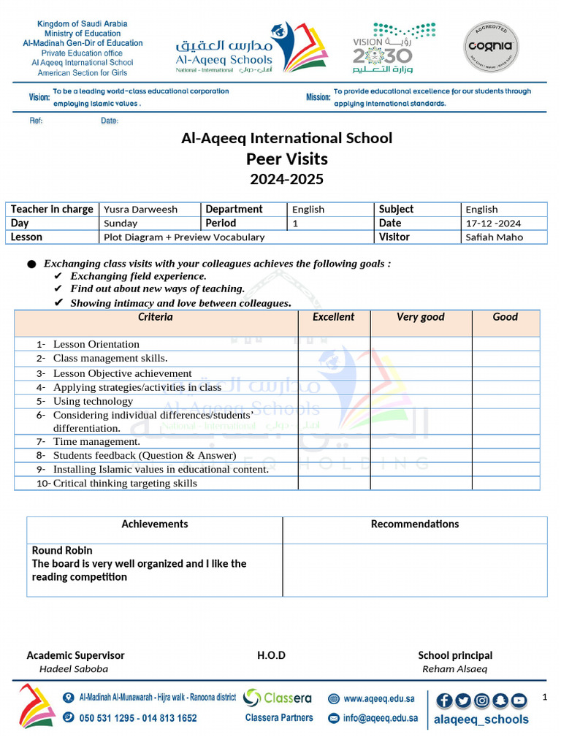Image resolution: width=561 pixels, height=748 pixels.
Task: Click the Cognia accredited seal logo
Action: click(x=492, y=48)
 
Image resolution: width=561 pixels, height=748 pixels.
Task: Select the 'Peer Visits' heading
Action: click(x=286, y=159)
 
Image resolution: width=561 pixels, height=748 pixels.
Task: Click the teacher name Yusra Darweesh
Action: click(x=140, y=210)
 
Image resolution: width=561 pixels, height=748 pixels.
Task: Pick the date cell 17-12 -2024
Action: click(x=493, y=224)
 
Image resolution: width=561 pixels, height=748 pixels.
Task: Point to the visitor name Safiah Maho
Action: click(x=494, y=237)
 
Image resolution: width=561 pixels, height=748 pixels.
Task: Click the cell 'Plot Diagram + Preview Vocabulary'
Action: click(x=184, y=237)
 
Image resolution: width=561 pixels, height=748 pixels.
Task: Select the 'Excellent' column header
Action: click(x=333, y=317)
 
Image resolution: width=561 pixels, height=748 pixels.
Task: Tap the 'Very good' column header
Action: click(x=420, y=317)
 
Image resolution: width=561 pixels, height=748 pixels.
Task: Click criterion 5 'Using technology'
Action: click(x=93, y=401)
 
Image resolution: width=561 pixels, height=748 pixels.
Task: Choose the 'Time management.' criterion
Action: click(x=96, y=441)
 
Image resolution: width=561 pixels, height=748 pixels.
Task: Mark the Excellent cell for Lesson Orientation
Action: click(x=333, y=344)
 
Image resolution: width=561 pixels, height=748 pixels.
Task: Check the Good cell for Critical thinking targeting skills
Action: click(x=505, y=483)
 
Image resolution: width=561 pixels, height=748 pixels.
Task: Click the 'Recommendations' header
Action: click(x=414, y=524)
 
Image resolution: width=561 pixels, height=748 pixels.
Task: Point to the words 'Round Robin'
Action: click(x=62, y=550)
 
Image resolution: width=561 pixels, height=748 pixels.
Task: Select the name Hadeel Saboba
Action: click(x=73, y=668)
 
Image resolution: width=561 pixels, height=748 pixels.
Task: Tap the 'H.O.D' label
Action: click(x=271, y=655)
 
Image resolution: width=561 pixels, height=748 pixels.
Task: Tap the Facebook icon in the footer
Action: click(x=443, y=701)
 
